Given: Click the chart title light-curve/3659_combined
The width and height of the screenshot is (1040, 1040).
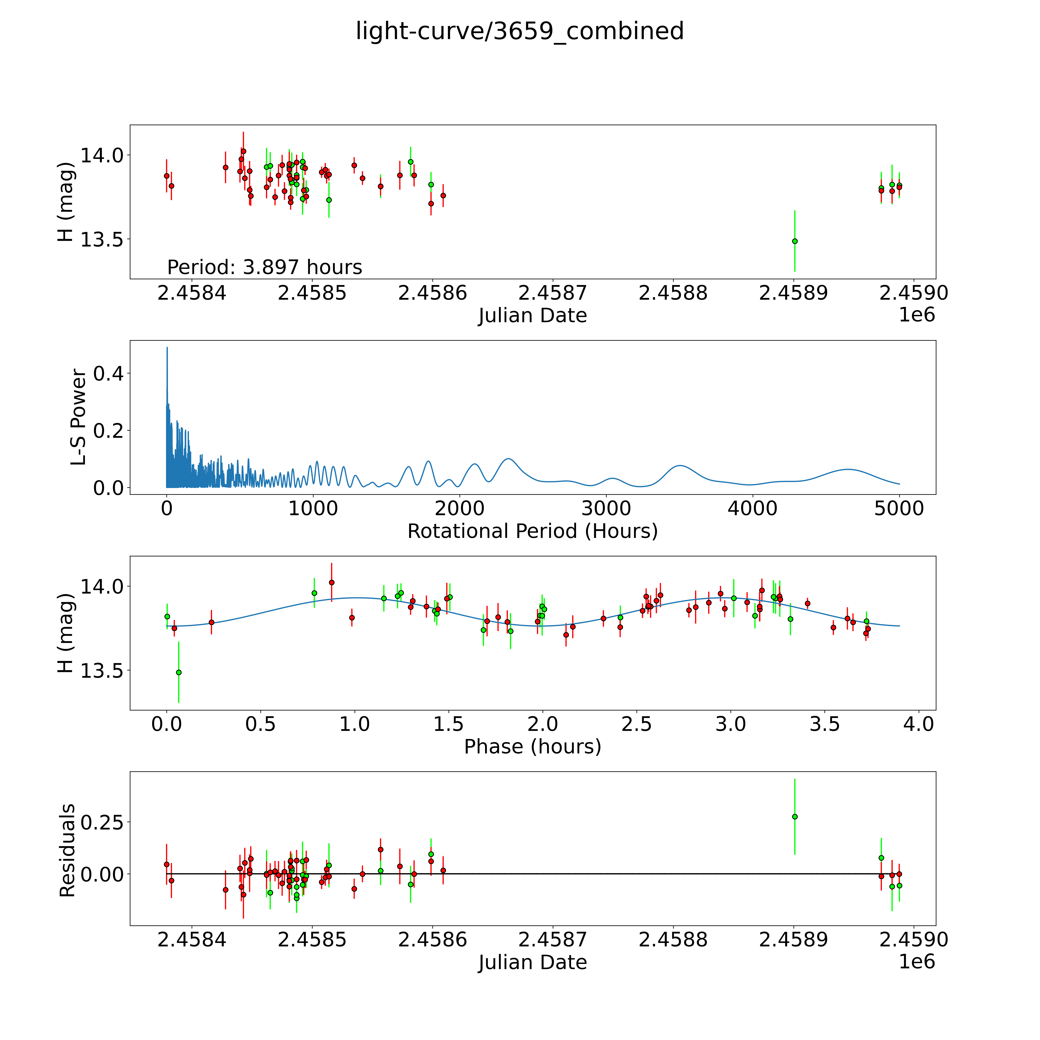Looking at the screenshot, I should point(519,31).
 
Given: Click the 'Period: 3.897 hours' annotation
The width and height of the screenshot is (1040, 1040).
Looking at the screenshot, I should point(264,267).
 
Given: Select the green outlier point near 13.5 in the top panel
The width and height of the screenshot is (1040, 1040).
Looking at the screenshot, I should point(794,241).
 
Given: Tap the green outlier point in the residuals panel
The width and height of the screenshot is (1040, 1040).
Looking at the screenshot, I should point(794,817).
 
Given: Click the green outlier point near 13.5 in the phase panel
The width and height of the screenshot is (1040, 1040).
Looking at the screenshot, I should point(179,672).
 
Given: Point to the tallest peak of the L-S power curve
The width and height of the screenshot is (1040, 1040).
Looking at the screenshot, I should point(167,348).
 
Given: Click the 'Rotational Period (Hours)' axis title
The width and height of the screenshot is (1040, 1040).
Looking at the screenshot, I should point(532,531).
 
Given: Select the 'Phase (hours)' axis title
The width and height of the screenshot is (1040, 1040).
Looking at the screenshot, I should point(532,747).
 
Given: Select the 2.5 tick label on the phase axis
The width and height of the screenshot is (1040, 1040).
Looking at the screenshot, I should point(637,724).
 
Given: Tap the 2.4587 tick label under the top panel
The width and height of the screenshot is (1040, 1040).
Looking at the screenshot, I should point(552,293).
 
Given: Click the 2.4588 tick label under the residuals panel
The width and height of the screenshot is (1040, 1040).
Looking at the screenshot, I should point(673,940).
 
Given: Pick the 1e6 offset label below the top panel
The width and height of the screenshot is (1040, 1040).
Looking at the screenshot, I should point(917,315).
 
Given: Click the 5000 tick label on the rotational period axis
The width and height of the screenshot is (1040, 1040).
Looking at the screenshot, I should point(899,509).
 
